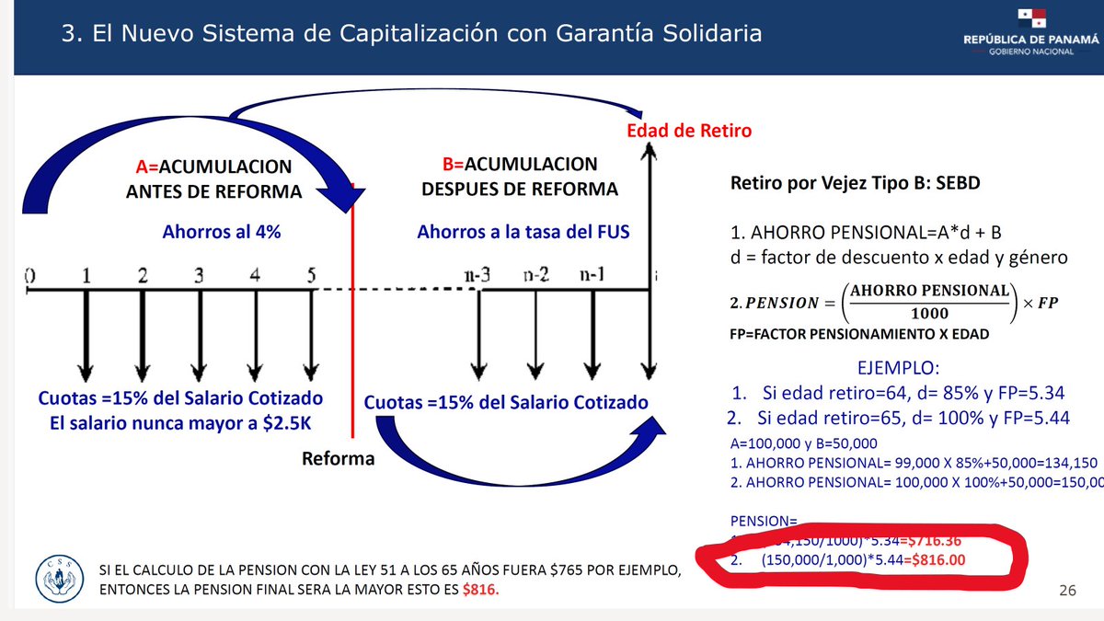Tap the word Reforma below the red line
click(339, 458)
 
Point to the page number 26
click(1067, 591)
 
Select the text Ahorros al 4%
click(221, 232)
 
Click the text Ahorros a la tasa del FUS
click(523, 232)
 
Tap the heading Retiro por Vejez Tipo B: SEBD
click(855, 182)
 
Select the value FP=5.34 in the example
click(1027, 394)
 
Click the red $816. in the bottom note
click(480, 590)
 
